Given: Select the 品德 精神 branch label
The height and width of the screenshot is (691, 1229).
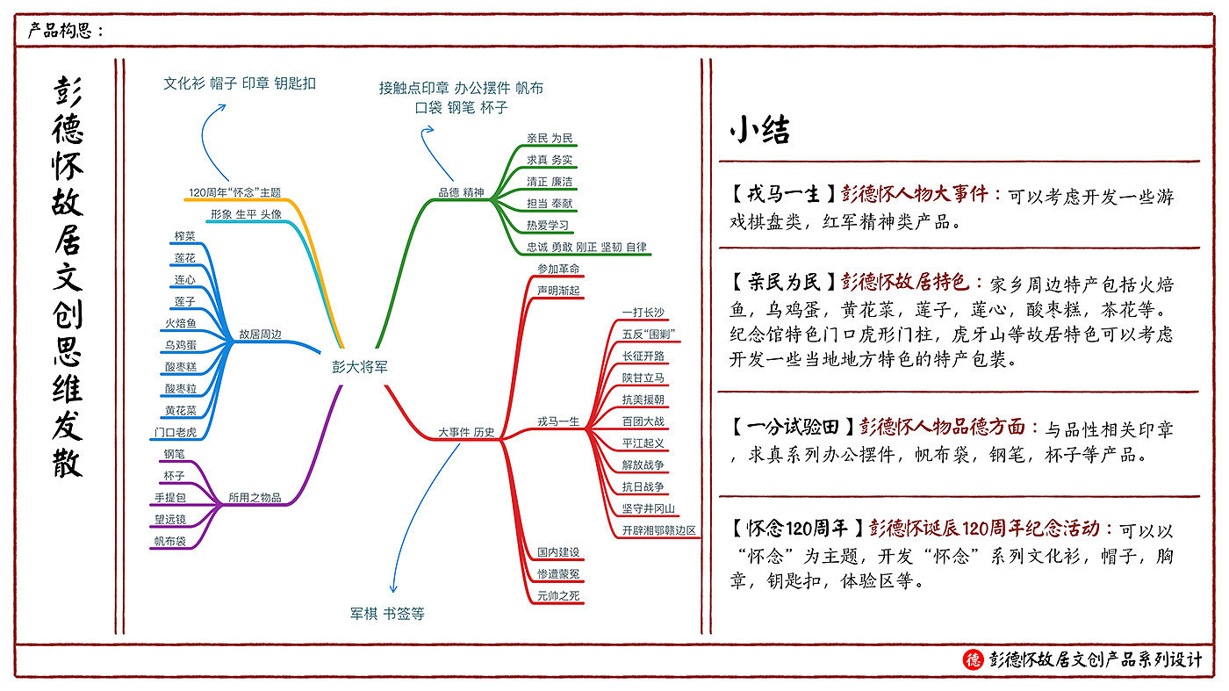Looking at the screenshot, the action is click(x=461, y=192).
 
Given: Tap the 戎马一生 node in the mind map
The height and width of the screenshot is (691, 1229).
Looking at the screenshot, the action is click(x=560, y=421).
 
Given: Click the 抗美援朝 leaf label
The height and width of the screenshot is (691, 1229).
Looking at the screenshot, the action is click(x=643, y=399).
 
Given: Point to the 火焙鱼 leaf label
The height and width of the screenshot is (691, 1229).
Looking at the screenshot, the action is click(x=181, y=323).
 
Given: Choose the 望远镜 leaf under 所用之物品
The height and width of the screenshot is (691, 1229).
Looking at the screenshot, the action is click(x=170, y=519).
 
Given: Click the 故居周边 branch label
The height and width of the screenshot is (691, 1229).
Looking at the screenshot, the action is click(x=260, y=335).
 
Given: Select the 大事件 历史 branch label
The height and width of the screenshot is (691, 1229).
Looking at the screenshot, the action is click(x=466, y=432).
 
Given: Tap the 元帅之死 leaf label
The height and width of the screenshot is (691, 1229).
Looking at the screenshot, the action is click(x=558, y=596).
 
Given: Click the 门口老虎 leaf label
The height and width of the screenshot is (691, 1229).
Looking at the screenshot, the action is click(x=175, y=432).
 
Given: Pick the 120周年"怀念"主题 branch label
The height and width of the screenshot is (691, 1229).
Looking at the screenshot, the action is click(x=234, y=192).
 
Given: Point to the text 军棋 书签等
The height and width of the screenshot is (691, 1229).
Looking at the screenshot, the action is click(x=387, y=614).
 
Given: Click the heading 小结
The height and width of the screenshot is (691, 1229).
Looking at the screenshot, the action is click(x=759, y=130).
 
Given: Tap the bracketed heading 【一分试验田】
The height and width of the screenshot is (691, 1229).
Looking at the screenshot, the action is click(x=790, y=428).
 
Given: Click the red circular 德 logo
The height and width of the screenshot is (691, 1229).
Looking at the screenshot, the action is click(x=973, y=659).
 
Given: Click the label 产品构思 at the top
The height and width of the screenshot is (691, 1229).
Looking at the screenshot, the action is click(x=63, y=31).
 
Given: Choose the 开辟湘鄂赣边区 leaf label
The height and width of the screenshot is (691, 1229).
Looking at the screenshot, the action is click(x=658, y=530).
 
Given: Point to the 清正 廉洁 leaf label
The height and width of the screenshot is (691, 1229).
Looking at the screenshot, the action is click(x=550, y=181).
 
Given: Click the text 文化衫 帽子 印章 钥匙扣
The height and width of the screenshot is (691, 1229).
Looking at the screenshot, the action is click(x=240, y=83).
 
